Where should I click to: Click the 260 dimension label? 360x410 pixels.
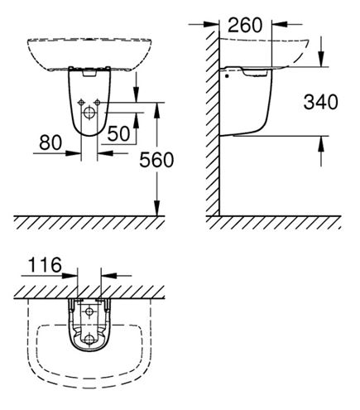[245, 25]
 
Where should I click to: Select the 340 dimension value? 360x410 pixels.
[320, 102]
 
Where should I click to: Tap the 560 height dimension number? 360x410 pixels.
[156, 160]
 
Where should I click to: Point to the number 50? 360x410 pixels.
[118, 133]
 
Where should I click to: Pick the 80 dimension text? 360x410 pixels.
[50, 142]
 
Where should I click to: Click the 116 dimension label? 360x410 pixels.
[45, 264]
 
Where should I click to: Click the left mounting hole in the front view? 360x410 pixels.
[81, 103]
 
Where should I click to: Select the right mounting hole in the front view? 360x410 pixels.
[97, 103]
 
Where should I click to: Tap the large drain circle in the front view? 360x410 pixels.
[89, 113]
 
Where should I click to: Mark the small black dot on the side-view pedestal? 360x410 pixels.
[227, 76]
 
